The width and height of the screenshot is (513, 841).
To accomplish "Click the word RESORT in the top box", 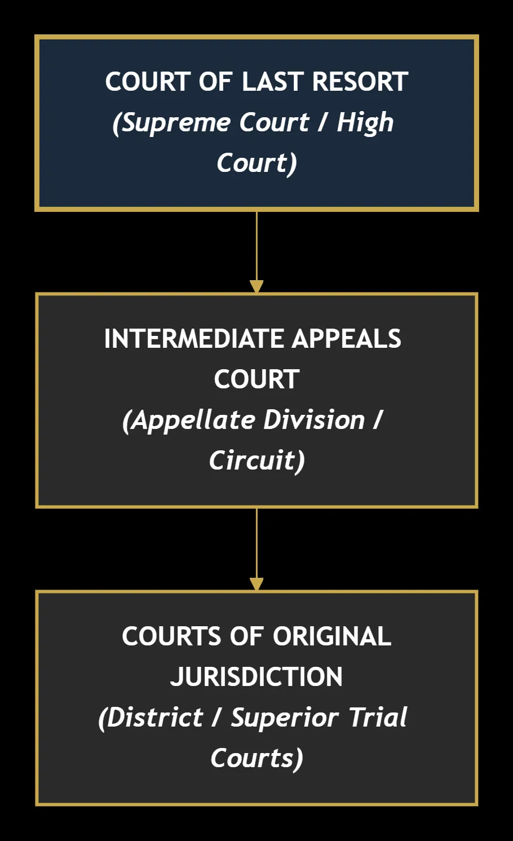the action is [x=360, y=82].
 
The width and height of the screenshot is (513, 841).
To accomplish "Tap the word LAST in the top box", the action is [x=273, y=82].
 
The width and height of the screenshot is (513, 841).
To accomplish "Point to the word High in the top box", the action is [x=365, y=123].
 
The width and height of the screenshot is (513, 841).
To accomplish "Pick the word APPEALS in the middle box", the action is [x=347, y=339].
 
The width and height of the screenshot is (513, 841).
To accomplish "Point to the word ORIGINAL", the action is [x=332, y=636].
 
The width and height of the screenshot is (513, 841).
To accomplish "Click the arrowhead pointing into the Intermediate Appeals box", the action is [x=256, y=286].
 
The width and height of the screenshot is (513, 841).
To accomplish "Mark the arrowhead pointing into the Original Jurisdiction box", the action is [x=256, y=584].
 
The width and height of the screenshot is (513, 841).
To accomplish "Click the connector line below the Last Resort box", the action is [x=256, y=246].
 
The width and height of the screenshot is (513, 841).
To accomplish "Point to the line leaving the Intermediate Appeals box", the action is [x=256, y=543].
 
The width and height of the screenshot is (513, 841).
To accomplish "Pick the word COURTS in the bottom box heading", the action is [x=171, y=636].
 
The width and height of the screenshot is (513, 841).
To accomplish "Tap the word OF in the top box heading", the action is [x=215, y=82].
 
